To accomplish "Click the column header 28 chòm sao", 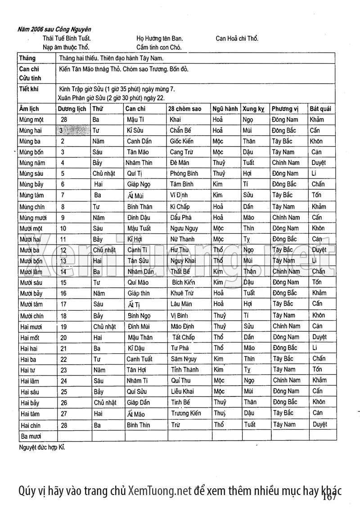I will click(184, 109).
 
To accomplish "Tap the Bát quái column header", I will click(320, 109).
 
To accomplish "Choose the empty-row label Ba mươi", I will click(31, 436).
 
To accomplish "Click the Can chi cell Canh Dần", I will click(139, 141).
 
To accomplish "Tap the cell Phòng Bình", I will click(184, 174).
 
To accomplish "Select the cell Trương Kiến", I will click(186, 413).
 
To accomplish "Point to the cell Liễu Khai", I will click(182, 391).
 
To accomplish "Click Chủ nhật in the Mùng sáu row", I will click(103, 174).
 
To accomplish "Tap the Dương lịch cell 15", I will click(63, 282).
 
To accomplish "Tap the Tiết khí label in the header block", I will click(29, 89).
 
